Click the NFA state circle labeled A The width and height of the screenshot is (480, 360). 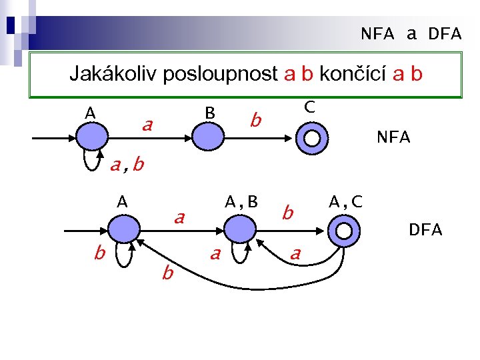(x=91, y=138)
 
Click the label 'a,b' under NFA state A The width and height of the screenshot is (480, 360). (x=127, y=165)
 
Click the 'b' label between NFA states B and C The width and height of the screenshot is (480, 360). (x=254, y=121)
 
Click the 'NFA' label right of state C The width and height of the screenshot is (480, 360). (x=393, y=138)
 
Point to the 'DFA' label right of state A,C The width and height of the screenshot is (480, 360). (x=425, y=230)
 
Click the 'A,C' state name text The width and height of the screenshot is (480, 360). (x=346, y=201)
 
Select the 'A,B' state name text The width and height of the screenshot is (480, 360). (x=241, y=201)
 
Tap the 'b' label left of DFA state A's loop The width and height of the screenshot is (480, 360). (x=98, y=253)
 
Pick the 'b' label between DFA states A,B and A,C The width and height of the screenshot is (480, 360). (x=287, y=213)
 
